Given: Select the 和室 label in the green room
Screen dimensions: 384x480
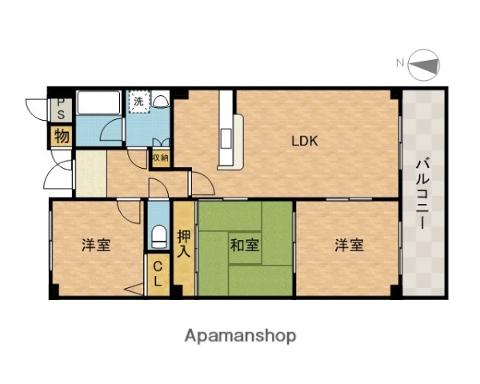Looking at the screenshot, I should click(x=244, y=245).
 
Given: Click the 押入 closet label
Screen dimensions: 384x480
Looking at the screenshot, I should click(x=183, y=245).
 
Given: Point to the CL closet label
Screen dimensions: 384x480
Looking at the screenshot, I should click(x=158, y=274).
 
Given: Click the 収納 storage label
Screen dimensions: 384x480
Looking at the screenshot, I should click(x=160, y=158).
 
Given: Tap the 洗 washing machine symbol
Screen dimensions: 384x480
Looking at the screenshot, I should click(x=139, y=102).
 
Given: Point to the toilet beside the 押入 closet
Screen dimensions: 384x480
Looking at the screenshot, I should click(x=158, y=237).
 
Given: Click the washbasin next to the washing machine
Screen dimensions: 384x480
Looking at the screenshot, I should click(x=162, y=102).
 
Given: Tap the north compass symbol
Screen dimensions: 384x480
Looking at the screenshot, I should click(x=424, y=64).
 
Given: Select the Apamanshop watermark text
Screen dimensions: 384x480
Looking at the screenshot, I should click(x=241, y=335).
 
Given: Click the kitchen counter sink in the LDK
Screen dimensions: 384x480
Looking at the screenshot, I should click(x=226, y=136).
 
